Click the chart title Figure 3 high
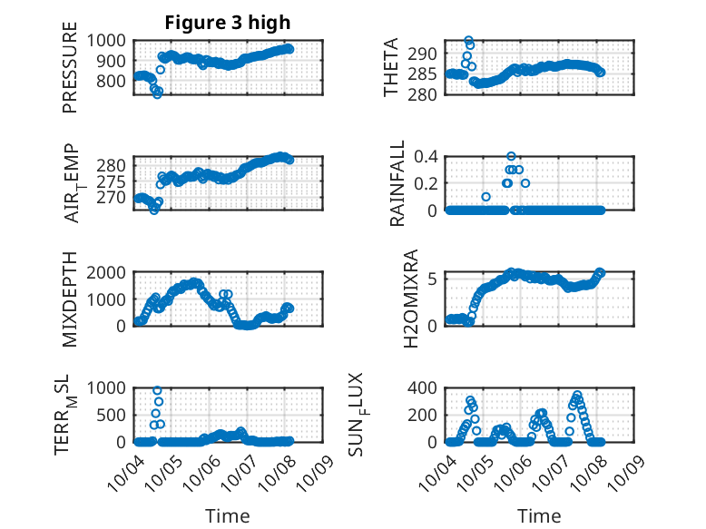tap(228, 23)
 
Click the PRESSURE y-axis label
tap(70, 73)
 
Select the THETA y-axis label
tap(392, 67)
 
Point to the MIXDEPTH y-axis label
tap(70, 299)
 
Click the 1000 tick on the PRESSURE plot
tap(109, 40)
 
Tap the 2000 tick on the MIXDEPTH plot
tap(109, 272)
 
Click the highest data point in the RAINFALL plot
tap(512, 156)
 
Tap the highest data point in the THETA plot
tap(468, 41)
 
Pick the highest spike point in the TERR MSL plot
tap(157, 390)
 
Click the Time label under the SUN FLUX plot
tap(539, 515)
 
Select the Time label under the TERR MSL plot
tap(228, 515)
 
